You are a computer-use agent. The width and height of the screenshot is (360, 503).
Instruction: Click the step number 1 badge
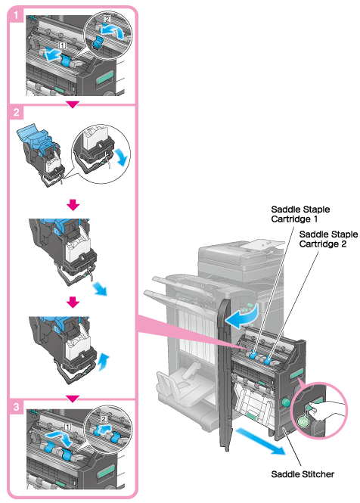16,15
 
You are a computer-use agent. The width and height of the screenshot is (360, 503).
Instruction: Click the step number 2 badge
16,112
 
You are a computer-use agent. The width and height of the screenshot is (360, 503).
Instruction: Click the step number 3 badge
16,407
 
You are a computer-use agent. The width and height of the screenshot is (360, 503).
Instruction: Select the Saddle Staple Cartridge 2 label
328,239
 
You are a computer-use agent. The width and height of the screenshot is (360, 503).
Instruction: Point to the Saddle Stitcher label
303,474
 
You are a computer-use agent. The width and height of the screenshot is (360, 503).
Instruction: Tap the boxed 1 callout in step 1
63,45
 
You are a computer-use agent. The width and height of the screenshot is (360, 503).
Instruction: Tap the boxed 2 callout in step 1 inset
107,20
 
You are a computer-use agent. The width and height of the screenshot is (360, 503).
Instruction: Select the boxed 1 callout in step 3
67,427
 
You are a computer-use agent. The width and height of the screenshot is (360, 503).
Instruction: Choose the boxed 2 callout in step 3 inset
104,418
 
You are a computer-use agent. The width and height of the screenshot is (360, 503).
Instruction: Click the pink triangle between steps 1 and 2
73,104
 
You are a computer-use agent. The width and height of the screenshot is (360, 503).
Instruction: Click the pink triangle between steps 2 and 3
73,399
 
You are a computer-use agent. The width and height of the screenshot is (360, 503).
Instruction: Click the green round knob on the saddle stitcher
285,402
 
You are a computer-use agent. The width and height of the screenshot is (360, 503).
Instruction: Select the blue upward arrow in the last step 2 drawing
104,362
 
